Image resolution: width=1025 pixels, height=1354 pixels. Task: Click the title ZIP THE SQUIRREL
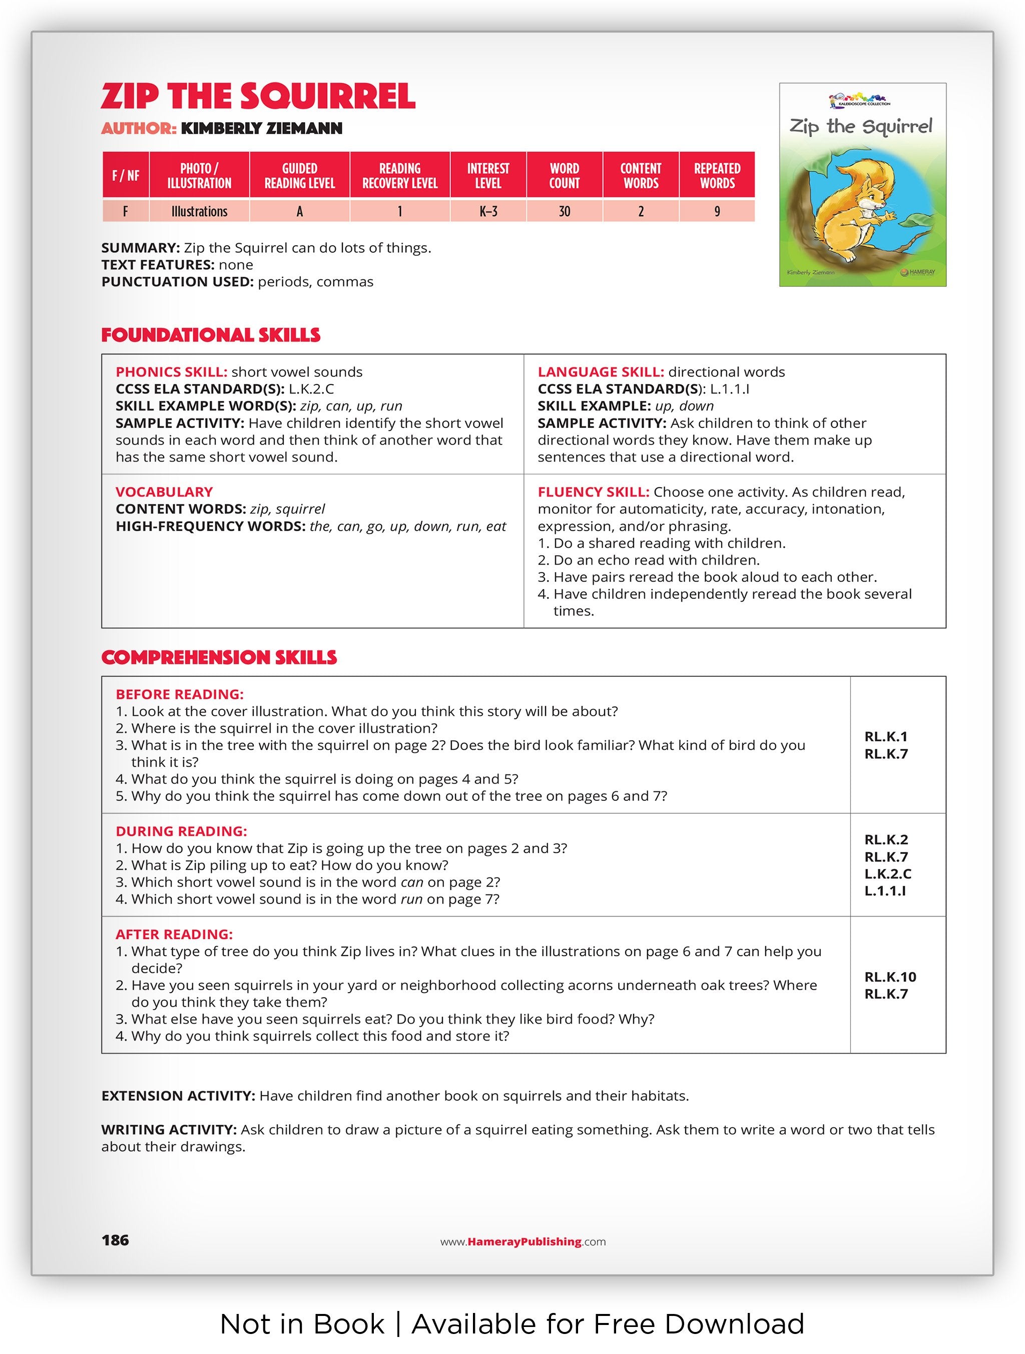click(258, 97)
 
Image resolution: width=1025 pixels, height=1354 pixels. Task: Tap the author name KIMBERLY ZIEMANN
click(261, 129)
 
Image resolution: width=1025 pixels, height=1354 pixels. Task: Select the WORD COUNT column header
click(564, 176)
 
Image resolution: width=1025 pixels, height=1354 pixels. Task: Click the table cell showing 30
click(564, 212)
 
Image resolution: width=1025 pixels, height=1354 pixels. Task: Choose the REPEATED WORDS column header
click(717, 176)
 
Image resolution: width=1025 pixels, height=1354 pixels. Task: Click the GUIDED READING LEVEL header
click(299, 176)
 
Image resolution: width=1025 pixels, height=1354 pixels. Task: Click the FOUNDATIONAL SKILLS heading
click(211, 335)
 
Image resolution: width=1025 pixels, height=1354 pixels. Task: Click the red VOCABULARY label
click(164, 492)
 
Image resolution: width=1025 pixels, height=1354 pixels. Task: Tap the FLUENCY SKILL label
click(593, 492)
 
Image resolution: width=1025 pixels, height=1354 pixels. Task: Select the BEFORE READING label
click(179, 694)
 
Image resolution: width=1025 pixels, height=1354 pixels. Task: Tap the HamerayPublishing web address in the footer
click(523, 1241)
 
